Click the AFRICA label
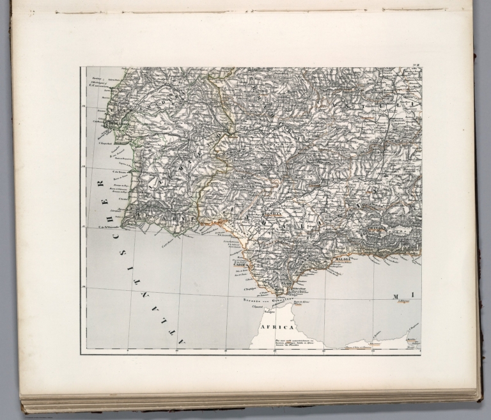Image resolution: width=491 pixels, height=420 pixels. pos(276,326)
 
